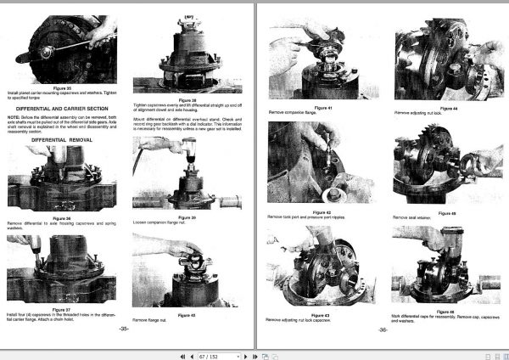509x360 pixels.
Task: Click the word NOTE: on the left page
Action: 13,116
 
